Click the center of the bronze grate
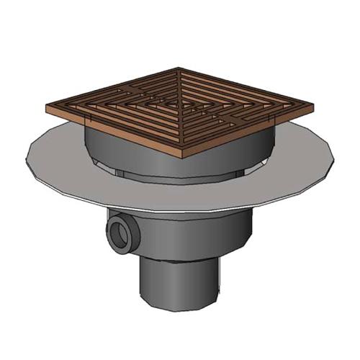[x=181, y=107]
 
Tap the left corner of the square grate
[x=48, y=108]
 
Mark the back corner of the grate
[x=179, y=69]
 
